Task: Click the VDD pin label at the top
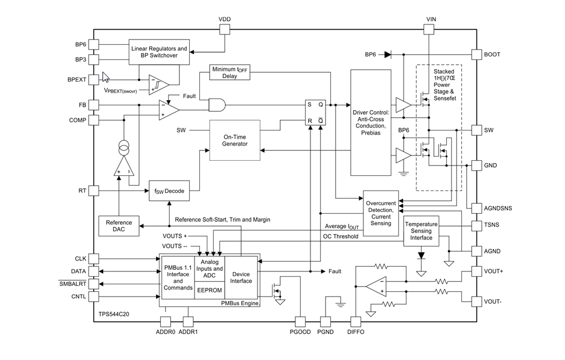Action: (224, 19)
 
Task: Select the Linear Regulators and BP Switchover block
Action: (159, 52)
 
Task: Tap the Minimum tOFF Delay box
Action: (229, 72)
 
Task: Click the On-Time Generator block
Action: (235, 140)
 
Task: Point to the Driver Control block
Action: (370, 122)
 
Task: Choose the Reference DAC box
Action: (119, 226)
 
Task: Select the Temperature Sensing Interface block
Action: (421, 231)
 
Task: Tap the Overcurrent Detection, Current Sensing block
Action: (381, 213)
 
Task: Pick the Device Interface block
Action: (241, 277)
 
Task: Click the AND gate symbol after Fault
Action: (217, 105)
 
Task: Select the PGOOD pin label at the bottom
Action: (301, 332)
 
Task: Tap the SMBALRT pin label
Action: (72, 284)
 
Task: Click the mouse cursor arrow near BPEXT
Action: (105, 77)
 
